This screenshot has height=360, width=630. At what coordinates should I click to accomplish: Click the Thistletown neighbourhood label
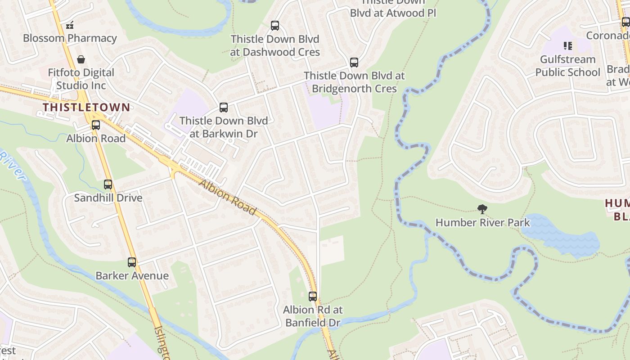click(x=86, y=107)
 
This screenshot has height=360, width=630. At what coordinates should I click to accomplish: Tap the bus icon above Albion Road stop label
click(x=96, y=125)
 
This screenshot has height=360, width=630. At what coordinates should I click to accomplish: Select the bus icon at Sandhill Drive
click(x=108, y=184)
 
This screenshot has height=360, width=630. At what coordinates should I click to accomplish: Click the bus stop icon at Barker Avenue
click(x=132, y=262)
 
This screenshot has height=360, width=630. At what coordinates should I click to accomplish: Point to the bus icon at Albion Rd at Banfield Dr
click(x=313, y=297)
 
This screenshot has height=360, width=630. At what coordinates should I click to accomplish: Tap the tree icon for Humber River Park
click(x=482, y=209)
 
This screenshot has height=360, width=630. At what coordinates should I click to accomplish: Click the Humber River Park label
click(x=483, y=222)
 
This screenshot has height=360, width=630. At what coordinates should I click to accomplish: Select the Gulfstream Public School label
click(x=567, y=66)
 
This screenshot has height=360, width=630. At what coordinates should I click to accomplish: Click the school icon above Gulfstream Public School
click(x=568, y=46)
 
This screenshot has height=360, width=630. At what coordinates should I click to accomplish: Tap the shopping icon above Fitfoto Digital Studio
click(x=81, y=59)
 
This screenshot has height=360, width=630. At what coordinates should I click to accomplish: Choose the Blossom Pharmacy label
click(x=70, y=38)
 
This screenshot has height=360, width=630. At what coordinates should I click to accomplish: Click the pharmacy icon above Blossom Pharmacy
click(x=70, y=25)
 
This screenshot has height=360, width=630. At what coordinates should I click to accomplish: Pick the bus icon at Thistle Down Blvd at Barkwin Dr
click(x=224, y=108)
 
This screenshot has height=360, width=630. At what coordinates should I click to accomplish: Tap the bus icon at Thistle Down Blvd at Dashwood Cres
click(x=275, y=26)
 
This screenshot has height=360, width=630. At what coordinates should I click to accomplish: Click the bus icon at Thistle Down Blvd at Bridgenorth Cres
click(x=354, y=63)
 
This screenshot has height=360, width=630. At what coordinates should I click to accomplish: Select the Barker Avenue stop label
click(x=132, y=275)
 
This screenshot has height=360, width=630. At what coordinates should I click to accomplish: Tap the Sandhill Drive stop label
click(x=108, y=198)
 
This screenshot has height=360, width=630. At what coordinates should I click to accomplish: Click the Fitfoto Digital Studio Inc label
click(x=81, y=79)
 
